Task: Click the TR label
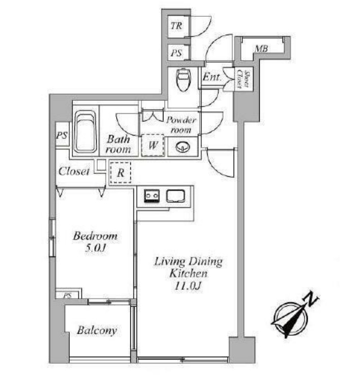pyautogui.click(x=176, y=25)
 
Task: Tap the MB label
pyautogui.click(x=261, y=49)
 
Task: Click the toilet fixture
pyautogui.click(x=183, y=79)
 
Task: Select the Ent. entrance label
pyautogui.click(x=212, y=77)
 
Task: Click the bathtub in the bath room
pyautogui.click(x=85, y=131)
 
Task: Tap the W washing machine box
pyautogui.click(x=153, y=145)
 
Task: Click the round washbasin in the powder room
pyautogui.click(x=183, y=147)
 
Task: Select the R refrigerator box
pyautogui.click(x=121, y=172)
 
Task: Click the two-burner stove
pyautogui.click(x=152, y=196)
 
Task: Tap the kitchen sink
pyautogui.click(x=176, y=196)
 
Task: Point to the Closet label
pyautogui.click(x=74, y=171)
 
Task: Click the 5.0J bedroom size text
pyautogui.click(x=95, y=248)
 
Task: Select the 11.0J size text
pyautogui.click(x=188, y=285)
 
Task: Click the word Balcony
pyautogui.click(x=97, y=331)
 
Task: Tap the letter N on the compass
pyautogui.click(x=310, y=299)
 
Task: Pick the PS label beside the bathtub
pyautogui.click(x=62, y=136)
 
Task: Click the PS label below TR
pyautogui.click(x=176, y=53)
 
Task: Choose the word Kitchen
pyautogui.click(x=188, y=274)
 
